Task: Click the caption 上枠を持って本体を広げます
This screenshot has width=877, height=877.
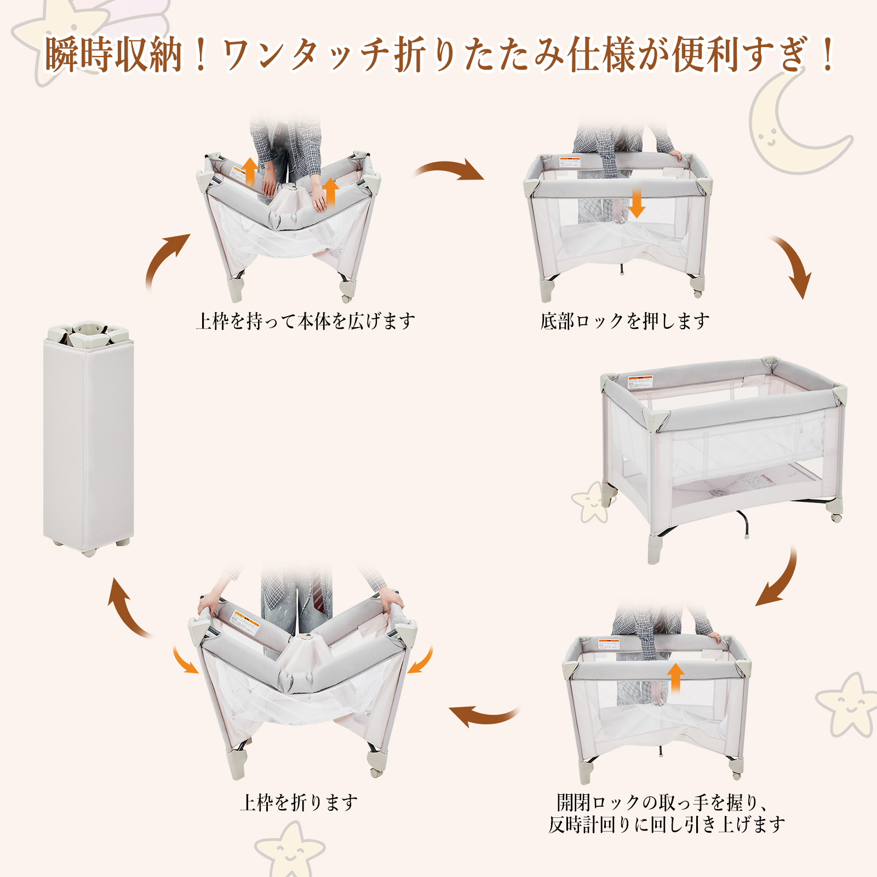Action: click(306, 321)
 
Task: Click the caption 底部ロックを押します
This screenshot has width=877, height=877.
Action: click(624, 321)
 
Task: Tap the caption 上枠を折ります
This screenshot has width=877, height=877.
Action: click(299, 803)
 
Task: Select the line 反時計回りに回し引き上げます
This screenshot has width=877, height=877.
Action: click(667, 824)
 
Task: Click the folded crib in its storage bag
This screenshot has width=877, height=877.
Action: click(89, 438)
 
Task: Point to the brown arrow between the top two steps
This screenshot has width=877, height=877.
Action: click(449, 169)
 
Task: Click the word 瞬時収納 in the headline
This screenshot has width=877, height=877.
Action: click(113, 55)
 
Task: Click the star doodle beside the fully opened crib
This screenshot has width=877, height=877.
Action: click(591, 501)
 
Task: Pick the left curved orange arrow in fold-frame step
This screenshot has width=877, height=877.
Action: click(185, 660)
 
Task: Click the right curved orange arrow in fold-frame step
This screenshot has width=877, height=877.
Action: click(421, 660)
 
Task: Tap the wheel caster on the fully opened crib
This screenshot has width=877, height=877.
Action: click(836, 517)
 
